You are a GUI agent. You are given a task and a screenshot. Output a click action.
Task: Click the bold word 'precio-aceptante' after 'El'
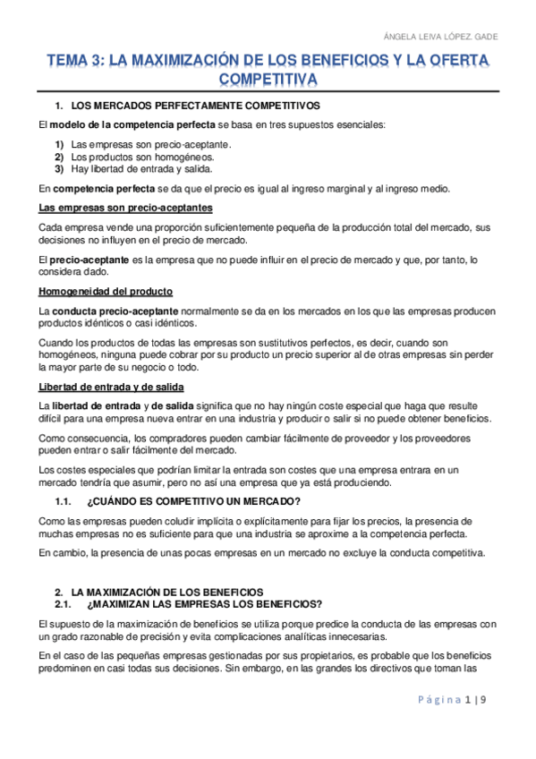pos(92,260)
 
